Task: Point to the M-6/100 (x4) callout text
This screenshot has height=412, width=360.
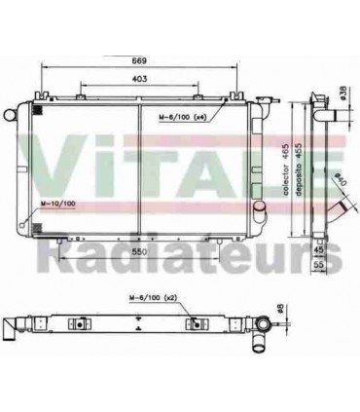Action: (184, 117)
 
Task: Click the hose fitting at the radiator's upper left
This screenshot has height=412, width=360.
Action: (12, 113)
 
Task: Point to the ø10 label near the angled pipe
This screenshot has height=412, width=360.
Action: (337, 182)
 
